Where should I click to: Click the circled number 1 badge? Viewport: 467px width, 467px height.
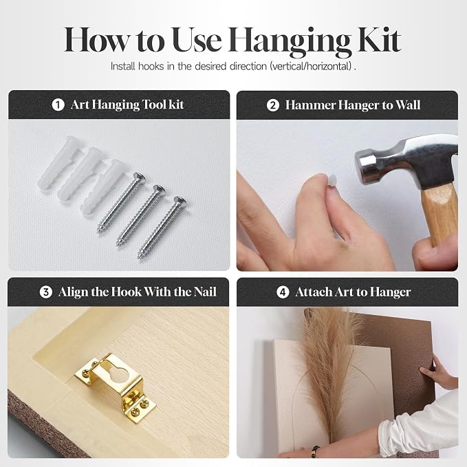pos(58,105)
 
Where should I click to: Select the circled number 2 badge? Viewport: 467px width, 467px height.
pos(272,105)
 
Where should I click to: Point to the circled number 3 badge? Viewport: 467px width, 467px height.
pos(46,292)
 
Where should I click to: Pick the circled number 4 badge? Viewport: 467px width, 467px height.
pos(283,292)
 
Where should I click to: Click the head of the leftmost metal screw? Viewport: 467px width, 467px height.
pos(140,177)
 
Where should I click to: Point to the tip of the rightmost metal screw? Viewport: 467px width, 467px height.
pos(139,257)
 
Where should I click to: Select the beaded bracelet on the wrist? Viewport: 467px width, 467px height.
pos(314,451)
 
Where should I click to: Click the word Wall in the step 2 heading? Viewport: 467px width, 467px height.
pos(408,105)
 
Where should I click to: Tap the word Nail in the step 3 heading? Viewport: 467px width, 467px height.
pos(205,292)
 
